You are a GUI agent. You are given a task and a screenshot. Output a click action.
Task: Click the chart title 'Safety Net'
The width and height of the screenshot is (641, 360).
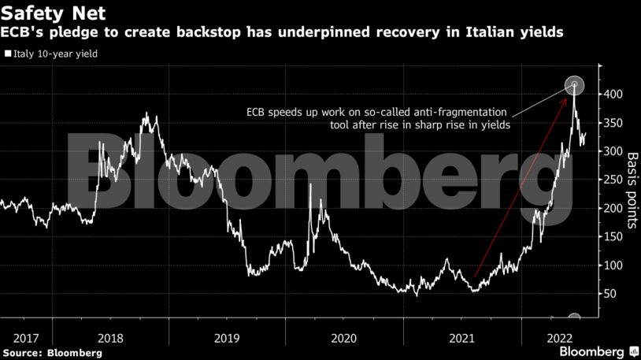click(54, 13)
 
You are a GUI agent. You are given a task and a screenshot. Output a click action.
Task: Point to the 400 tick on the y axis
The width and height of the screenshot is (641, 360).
click(615, 95)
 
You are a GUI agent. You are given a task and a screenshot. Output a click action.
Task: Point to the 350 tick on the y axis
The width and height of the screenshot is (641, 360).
click(615, 123)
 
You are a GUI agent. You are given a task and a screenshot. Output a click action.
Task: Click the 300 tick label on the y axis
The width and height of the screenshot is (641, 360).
click(615, 151)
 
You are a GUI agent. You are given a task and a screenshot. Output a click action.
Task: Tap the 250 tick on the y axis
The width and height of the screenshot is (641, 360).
click(615, 180)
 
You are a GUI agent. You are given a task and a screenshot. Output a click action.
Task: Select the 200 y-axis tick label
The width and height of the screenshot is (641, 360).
click(615, 208)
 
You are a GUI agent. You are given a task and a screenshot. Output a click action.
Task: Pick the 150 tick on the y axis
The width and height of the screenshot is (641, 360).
click(615, 236)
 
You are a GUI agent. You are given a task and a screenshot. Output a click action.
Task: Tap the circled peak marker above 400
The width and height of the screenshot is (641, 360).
click(575, 85)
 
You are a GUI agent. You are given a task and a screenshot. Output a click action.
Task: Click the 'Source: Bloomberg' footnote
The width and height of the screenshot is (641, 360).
click(52, 353)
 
